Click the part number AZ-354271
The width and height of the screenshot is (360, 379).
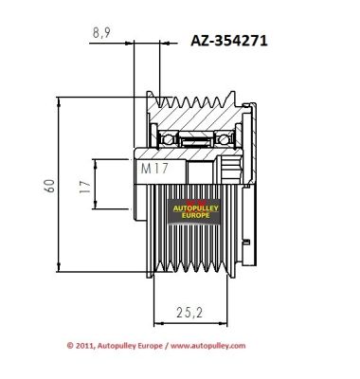point(229,41)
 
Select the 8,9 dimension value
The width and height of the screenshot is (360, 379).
point(101,32)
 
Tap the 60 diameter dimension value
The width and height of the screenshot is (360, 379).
point(50,186)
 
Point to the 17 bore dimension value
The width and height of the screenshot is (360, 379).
point(85,187)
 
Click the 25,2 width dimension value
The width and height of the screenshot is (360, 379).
point(189,313)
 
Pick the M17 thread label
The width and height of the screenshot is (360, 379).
point(154,169)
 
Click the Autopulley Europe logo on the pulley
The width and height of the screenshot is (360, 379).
point(194,212)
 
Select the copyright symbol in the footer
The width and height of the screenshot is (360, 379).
point(70,346)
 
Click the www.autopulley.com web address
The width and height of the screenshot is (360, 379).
point(208,346)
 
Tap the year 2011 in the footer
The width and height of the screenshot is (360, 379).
point(84,346)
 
